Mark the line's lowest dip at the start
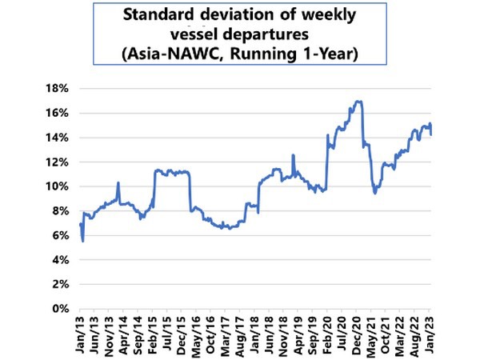click(x=83, y=241)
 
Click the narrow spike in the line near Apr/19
click(x=294, y=155)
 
